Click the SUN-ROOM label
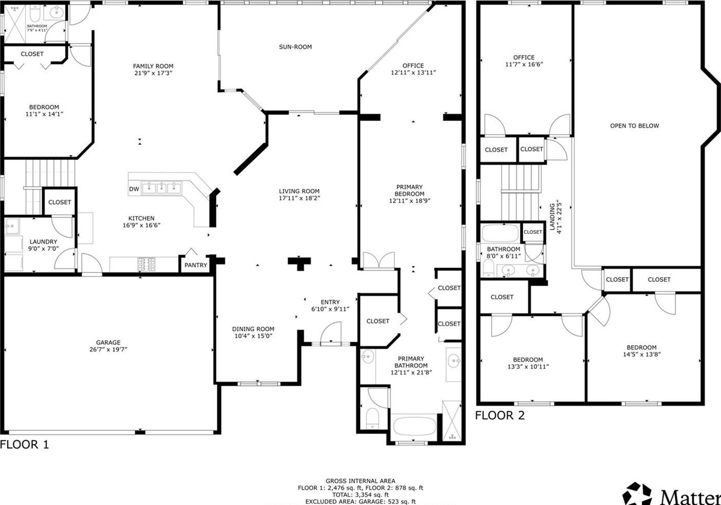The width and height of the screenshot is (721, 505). click(295, 47)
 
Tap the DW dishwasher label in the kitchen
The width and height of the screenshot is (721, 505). click(134, 189)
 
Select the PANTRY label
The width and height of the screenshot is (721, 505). click(196, 265)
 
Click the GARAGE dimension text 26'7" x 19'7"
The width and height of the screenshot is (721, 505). click(108, 349)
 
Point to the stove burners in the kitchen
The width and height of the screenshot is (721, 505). click(147, 264)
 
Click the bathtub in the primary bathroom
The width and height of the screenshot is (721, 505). click(415, 427)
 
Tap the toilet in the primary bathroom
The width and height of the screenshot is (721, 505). click(373, 418)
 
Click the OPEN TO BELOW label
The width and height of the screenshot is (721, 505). click(634, 126)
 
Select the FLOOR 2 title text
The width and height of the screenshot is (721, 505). click(500, 415)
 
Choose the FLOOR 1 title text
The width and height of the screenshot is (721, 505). click(24, 445)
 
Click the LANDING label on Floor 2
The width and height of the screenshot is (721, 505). click(552, 217)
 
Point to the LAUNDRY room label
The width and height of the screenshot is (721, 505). click(43, 242)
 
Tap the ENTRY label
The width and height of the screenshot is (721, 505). click(330, 302)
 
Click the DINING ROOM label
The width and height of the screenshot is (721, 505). click(253, 329)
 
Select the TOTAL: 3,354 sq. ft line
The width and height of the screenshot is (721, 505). click(360, 495)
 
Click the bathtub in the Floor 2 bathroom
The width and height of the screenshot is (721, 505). click(500, 233)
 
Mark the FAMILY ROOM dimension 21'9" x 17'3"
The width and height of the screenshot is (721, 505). click(153, 73)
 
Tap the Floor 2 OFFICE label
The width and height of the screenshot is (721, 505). click(524, 57)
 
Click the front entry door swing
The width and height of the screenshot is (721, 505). click(330, 333)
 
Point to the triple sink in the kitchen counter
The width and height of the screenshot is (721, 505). click(162, 188)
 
